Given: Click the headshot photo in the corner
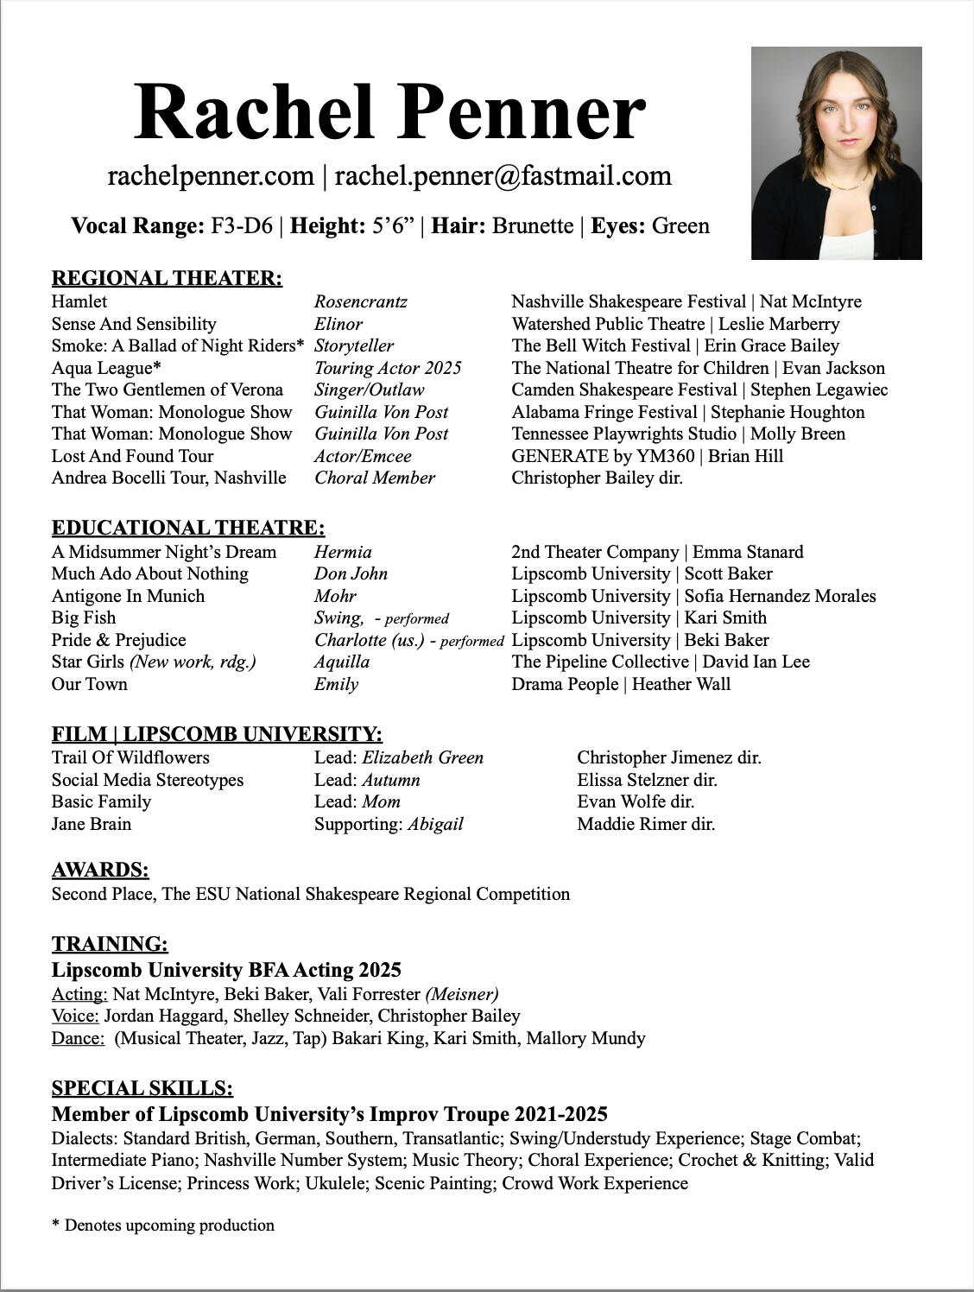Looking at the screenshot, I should click(836, 153).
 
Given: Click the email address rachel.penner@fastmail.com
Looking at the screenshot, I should click(503, 176).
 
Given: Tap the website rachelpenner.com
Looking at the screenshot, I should click(211, 176).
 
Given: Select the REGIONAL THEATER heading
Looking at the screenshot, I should click(167, 278).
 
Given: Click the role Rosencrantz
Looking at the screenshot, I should click(360, 301).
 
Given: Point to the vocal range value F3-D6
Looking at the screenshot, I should click(242, 226).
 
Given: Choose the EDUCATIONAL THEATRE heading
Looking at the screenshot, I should click(188, 528).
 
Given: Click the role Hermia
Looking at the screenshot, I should click(343, 552).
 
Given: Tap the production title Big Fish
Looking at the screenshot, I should click(84, 617).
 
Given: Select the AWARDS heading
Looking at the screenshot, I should click(100, 870).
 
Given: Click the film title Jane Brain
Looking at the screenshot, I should click(92, 824).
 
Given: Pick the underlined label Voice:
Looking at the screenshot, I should click(75, 1016).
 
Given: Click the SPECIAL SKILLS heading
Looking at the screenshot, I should click(142, 1088).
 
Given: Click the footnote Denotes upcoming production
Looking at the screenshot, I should click(169, 1225).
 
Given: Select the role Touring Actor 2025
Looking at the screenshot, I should click(388, 368).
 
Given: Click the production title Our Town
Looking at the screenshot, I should click(89, 684).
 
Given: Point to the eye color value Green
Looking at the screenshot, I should click(680, 226).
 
